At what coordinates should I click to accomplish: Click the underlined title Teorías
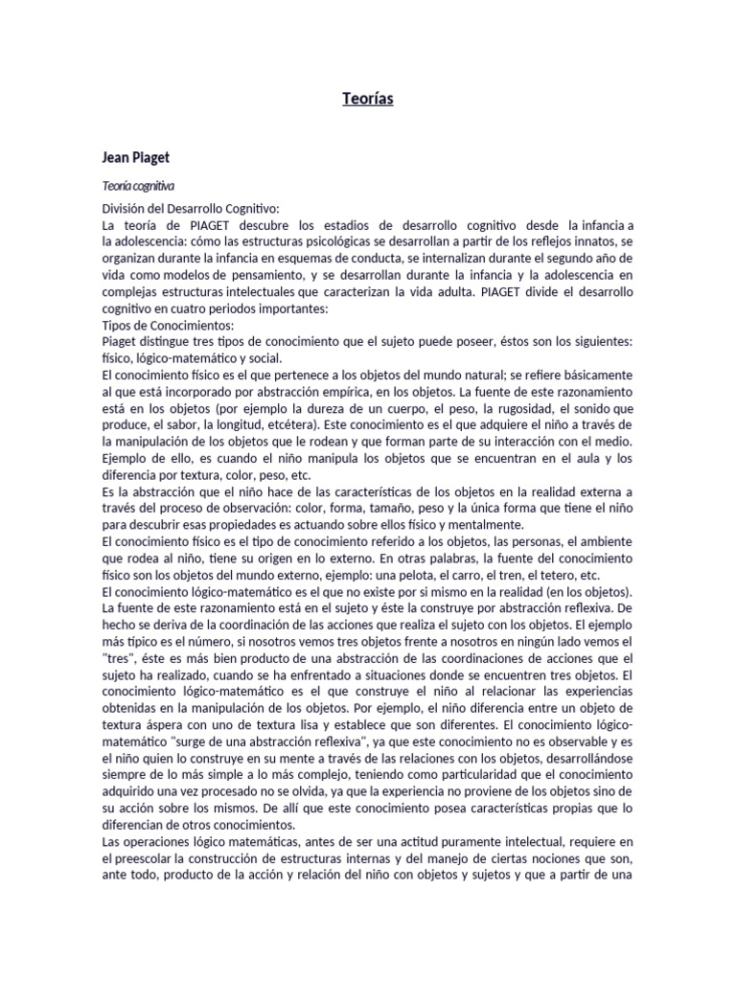(x=368, y=99)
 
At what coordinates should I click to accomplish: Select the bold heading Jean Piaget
(x=135, y=156)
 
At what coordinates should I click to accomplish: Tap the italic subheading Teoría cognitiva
(x=138, y=186)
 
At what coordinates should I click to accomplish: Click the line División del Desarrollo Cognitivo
(x=190, y=208)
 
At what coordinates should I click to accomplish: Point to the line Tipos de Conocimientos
(x=160, y=325)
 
